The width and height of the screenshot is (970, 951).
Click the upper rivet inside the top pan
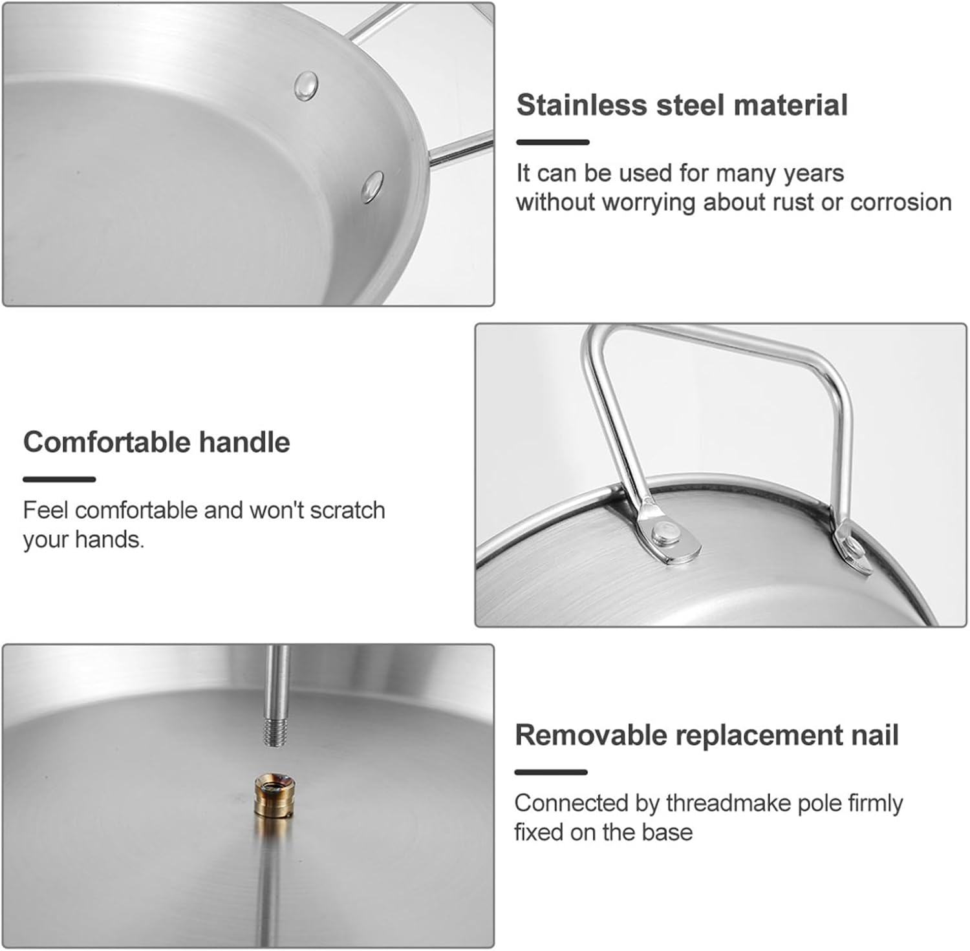(306, 85)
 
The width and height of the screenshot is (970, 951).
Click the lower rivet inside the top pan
(372, 186)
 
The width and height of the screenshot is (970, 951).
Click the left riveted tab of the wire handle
(669, 535)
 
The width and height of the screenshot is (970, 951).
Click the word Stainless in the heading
(581, 105)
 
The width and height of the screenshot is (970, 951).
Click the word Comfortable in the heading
(107, 443)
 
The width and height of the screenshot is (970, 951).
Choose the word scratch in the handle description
(347, 510)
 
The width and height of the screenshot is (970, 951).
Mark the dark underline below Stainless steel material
(553, 142)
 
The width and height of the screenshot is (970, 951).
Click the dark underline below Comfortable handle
(59, 479)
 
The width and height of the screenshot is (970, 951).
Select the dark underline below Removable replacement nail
(551, 772)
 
